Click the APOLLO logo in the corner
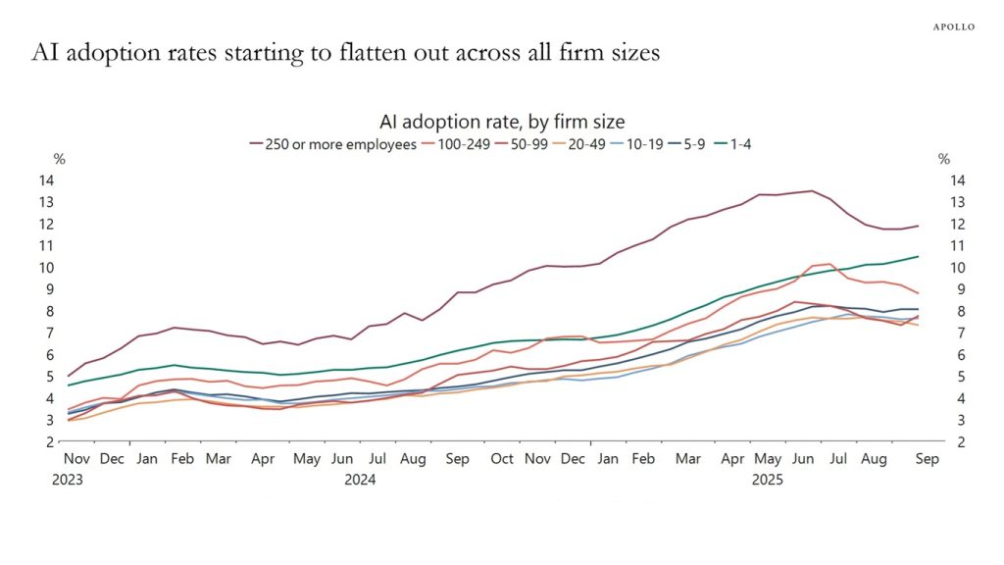point(952,26)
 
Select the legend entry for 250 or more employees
point(334,143)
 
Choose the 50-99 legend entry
point(530,143)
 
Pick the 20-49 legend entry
point(593,143)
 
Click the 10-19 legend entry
point(655,143)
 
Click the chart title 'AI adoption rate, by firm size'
point(502,122)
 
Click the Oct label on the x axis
point(502,459)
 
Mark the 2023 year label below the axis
point(68,480)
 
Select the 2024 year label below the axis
point(361,480)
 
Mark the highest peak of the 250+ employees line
point(811,190)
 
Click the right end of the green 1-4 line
point(918,256)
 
